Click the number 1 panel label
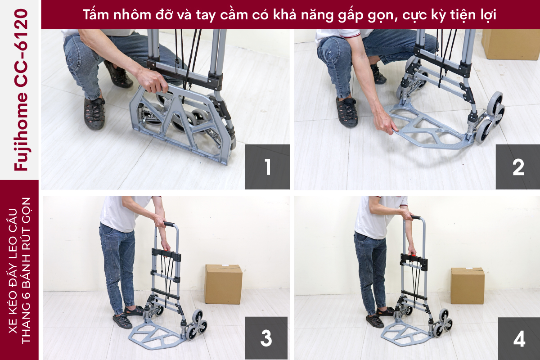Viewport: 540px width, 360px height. [x=267, y=167]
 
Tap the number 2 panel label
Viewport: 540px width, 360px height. [x=518, y=167]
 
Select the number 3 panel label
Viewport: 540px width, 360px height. [x=266, y=338]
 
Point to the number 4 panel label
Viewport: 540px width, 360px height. [x=519, y=338]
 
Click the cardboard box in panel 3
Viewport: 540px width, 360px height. [x=224, y=284]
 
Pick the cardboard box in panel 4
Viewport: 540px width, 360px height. [x=468, y=286]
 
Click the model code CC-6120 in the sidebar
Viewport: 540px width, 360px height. [x=21, y=48]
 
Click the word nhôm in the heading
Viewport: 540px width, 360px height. [x=132, y=15]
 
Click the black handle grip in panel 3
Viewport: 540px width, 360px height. [x=169, y=224]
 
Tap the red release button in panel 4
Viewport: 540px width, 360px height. [x=413, y=255]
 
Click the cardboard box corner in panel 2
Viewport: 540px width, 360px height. [x=511, y=44]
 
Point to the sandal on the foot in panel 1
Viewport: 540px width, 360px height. [x=94, y=113]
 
